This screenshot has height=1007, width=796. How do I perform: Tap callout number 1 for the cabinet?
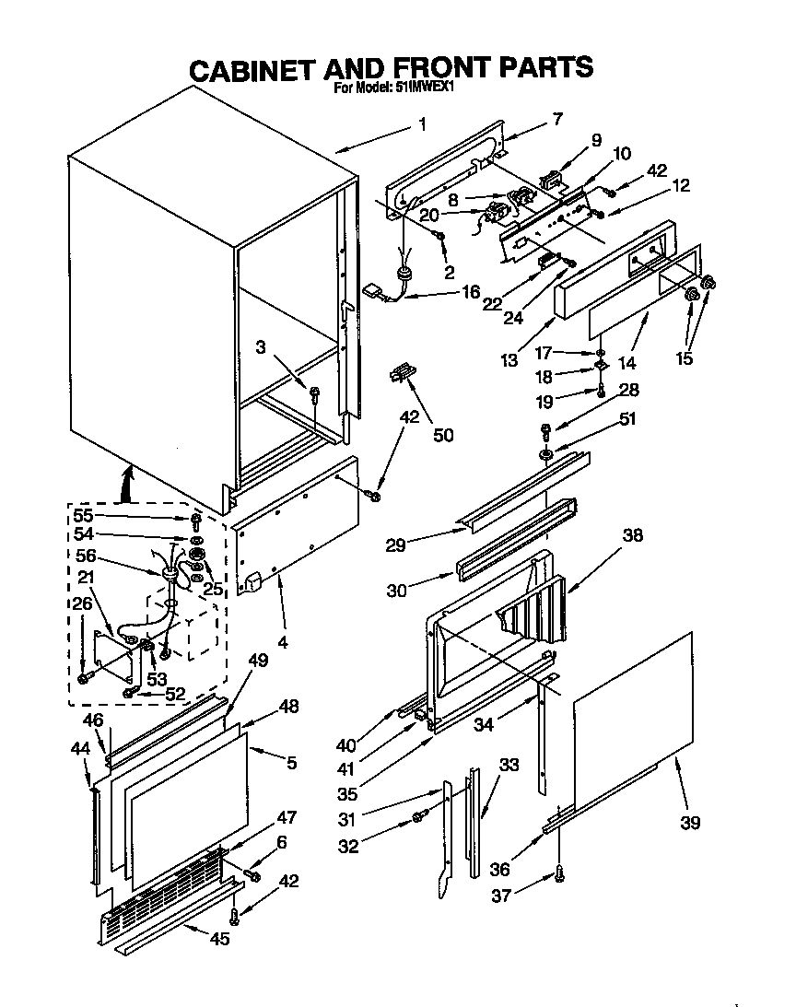click(422, 124)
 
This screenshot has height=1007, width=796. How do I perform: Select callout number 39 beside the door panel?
click(691, 822)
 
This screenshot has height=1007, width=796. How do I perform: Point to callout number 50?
click(443, 435)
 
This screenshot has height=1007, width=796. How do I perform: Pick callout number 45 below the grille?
click(219, 939)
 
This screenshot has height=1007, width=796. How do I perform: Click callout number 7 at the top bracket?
click(557, 118)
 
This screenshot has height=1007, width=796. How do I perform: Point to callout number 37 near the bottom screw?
click(500, 893)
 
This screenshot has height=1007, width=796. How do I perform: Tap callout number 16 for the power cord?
click(471, 292)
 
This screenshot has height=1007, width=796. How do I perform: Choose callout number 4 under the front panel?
click(282, 641)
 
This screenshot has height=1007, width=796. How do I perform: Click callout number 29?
click(395, 545)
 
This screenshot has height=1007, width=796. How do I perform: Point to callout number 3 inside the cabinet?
click(263, 346)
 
